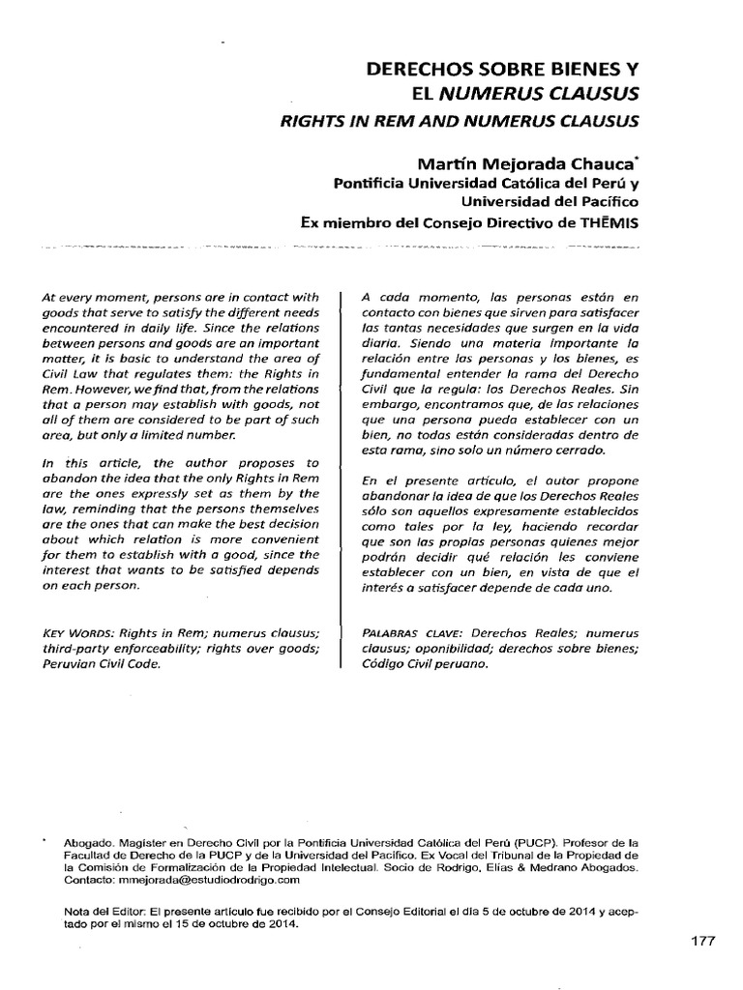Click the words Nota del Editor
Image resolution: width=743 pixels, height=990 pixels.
point(98,911)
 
